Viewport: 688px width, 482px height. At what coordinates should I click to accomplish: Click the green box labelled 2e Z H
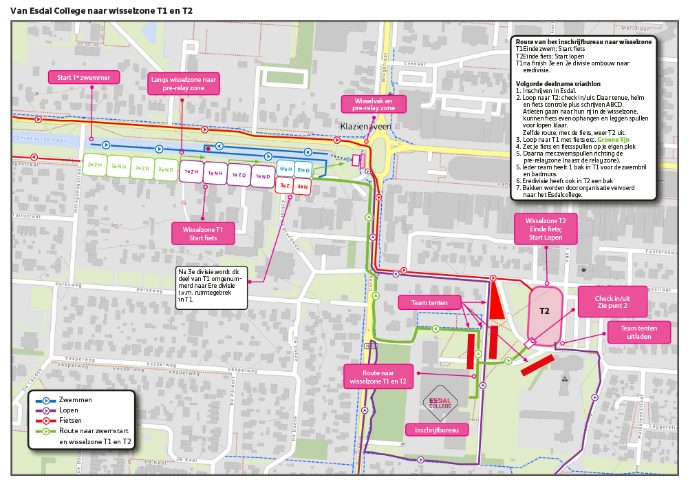click(x=95, y=167)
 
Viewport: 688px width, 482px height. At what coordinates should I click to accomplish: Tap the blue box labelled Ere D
click(x=303, y=169)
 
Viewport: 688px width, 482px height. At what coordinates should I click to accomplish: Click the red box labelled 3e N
click(x=302, y=186)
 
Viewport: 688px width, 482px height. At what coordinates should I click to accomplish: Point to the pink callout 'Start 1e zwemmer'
click(x=85, y=77)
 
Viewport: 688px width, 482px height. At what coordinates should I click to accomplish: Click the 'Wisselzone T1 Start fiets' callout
click(x=203, y=233)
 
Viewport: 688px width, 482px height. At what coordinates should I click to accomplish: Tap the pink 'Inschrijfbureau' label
click(x=436, y=430)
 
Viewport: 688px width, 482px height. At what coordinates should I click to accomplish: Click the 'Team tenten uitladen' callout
click(x=638, y=333)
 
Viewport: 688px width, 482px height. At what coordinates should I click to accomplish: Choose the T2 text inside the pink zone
click(x=544, y=311)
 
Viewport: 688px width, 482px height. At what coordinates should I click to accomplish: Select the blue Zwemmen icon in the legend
click(x=47, y=400)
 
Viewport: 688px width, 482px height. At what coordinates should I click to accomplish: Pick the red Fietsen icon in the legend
click(x=47, y=420)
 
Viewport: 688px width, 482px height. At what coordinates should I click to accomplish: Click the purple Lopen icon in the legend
click(x=47, y=410)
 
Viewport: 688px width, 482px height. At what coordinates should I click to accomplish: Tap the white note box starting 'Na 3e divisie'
click(x=209, y=286)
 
